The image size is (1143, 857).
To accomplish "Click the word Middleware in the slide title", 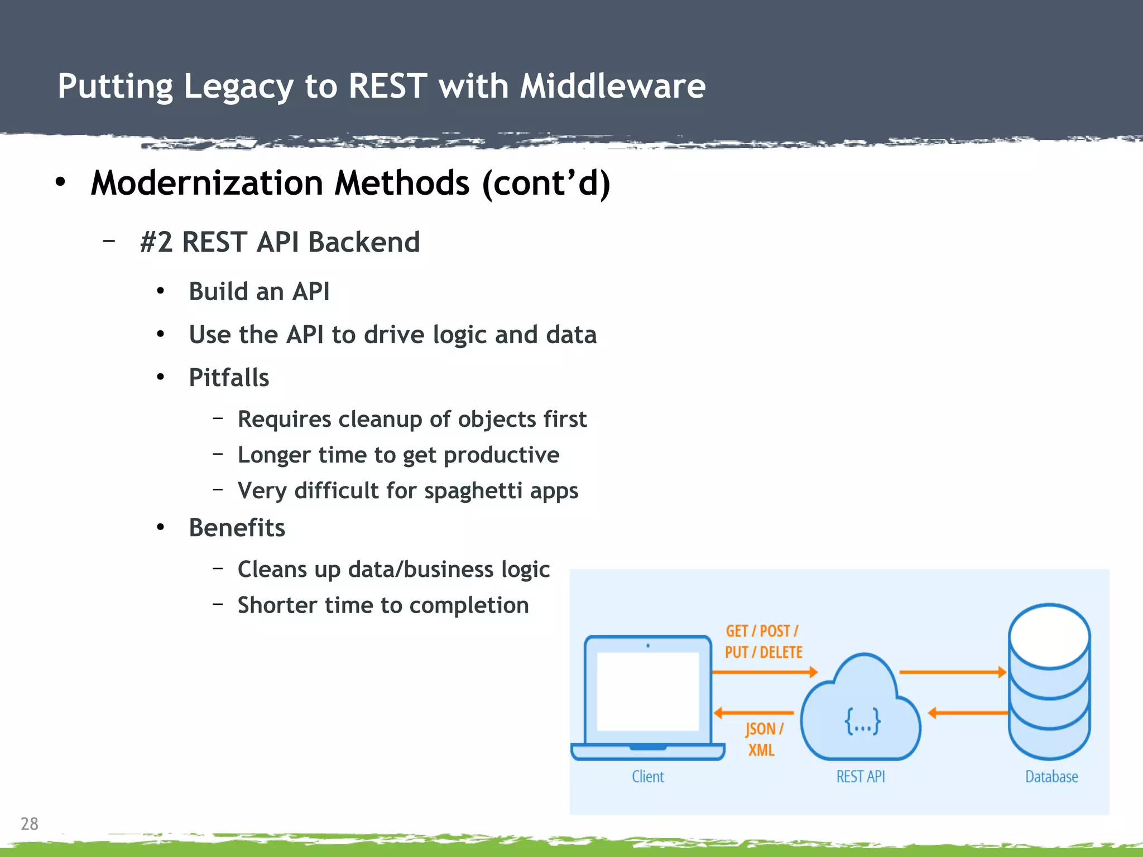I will pos(612,86).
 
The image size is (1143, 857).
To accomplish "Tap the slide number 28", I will pos(29,824).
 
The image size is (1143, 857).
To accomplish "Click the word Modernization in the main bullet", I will pos(206,183).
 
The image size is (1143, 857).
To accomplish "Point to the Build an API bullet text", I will pos(259,291).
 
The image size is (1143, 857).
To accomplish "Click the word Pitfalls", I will pos(229,378).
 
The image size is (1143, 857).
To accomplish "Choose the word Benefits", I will pos(237,528).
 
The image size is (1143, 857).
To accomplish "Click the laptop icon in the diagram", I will pos(647,697).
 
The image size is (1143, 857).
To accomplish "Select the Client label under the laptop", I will pos(647,777).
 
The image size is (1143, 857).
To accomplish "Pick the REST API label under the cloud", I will pos(860,777).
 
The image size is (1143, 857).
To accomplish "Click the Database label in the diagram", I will pos(1051,777).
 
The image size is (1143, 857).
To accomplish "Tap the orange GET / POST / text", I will pos(762,631).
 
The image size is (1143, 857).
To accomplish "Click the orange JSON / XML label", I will pos(763,739).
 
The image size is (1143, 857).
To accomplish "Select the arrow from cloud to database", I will pos(952,672).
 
